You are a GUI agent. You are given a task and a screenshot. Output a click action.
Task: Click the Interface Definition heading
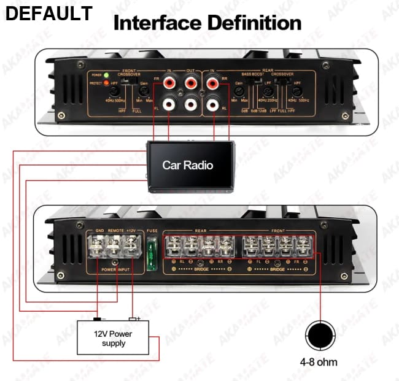click(x=207, y=23)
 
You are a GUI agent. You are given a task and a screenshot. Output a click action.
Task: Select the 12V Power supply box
click(x=113, y=338)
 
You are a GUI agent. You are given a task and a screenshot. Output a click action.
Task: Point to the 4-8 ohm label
click(x=319, y=362)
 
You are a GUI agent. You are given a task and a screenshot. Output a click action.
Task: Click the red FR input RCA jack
click(x=169, y=81)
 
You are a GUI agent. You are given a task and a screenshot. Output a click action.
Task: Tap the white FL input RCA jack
click(x=169, y=104)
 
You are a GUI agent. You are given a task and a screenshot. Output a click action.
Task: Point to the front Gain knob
click(x=144, y=93)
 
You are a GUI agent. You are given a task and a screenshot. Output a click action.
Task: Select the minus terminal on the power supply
click(x=97, y=319)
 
